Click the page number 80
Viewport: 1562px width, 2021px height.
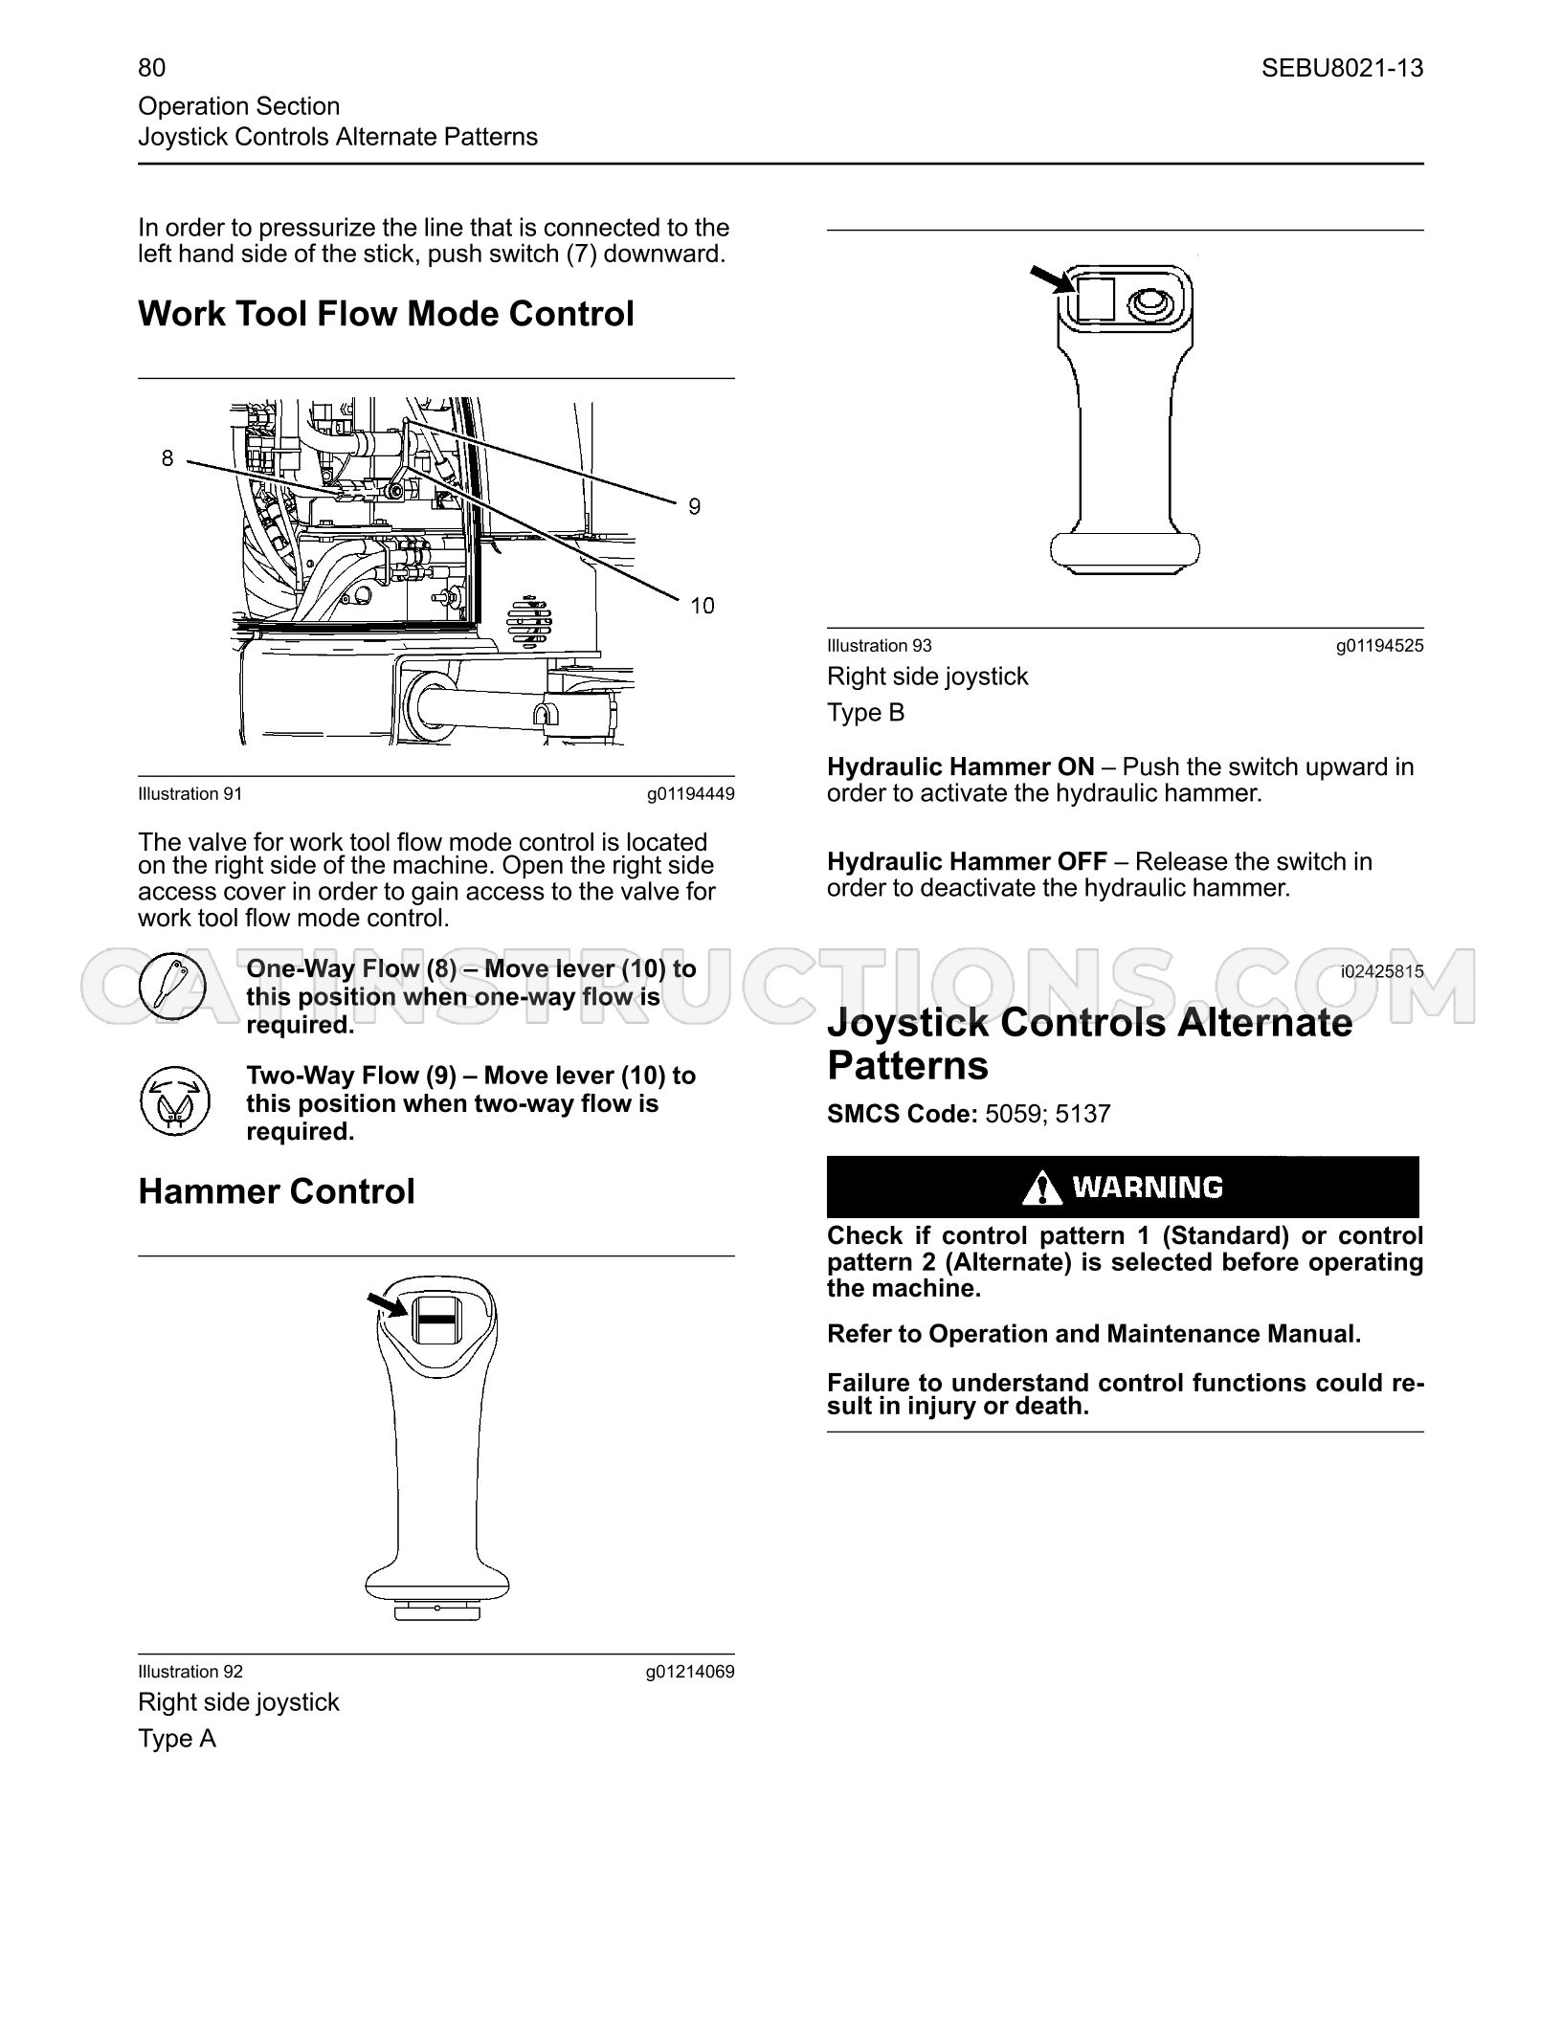(151, 67)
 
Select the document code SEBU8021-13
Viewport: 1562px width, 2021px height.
(1342, 68)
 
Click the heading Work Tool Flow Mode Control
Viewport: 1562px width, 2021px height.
(386, 314)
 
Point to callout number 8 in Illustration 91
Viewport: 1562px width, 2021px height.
(167, 458)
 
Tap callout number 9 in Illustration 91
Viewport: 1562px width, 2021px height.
(694, 506)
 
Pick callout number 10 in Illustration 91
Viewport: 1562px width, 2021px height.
(702, 606)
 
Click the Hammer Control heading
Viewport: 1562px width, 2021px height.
(277, 1192)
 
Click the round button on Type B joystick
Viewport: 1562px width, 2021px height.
(1149, 305)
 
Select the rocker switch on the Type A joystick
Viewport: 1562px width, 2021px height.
(437, 1318)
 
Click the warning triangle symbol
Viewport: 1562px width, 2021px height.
(1042, 1188)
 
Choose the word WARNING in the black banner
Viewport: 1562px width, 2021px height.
(1148, 1188)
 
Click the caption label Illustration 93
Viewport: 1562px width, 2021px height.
(879, 646)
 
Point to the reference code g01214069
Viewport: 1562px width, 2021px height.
(690, 1672)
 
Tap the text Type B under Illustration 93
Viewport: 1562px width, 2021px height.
(865, 713)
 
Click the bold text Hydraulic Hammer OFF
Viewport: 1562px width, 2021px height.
(967, 862)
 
